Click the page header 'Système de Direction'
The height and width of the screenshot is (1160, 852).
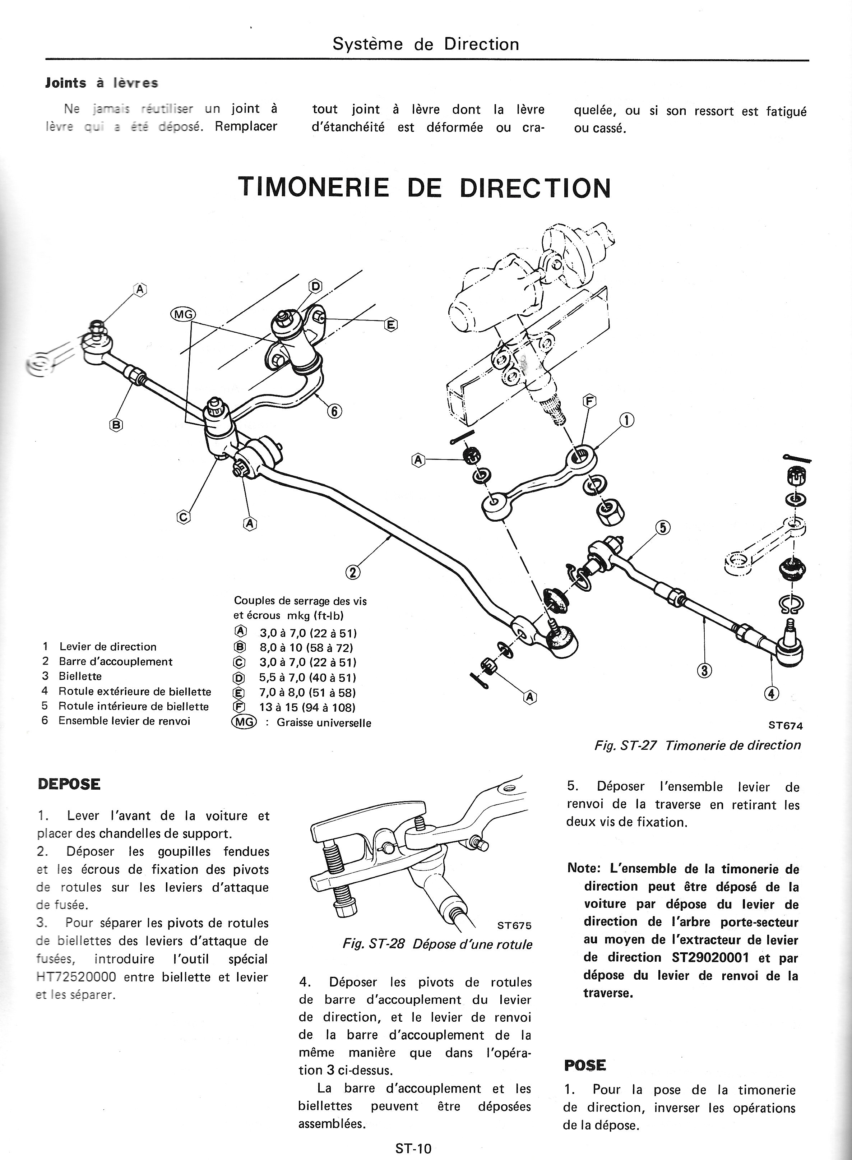[x=426, y=44]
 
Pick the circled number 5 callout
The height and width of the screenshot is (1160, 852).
[x=663, y=528]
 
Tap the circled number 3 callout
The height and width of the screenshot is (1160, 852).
[x=704, y=670]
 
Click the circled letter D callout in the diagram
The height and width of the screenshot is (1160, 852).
[x=315, y=286]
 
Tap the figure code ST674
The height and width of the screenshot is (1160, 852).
[x=786, y=725]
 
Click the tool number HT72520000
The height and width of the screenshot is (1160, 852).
[x=77, y=977]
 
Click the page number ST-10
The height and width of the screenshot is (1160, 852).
[x=413, y=1149]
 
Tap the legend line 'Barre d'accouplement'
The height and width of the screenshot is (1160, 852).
[x=116, y=661]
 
